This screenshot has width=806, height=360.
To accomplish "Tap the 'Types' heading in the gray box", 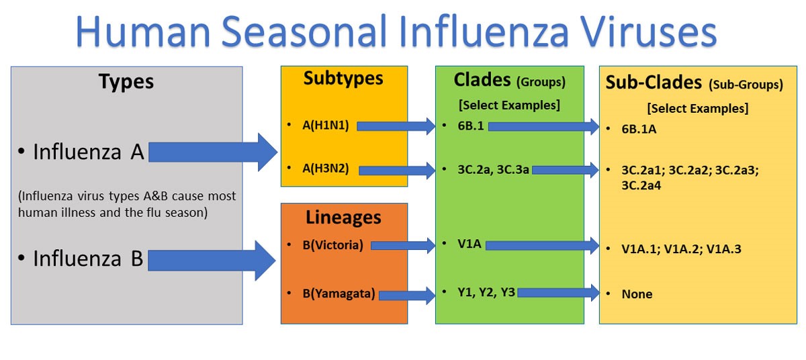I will pyautogui.click(x=126, y=82).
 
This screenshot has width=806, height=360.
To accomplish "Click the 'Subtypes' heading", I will pyautogui.click(x=343, y=79).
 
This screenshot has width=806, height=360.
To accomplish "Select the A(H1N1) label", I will pyautogui.click(x=326, y=125).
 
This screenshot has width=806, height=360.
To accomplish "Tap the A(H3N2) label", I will pyautogui.click(x=326, y=169).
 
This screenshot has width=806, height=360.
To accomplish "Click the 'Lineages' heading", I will pyautogui.click(x=343, y=218).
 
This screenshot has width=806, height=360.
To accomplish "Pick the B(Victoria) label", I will pyautogui.click(x=332, y=245).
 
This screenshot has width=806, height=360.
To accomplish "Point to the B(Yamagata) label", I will pyautogui.click(x=339, y=294).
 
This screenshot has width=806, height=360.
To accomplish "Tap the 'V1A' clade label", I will pyautogui.click(x=469, y=244).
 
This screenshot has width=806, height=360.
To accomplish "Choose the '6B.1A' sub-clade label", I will pyautogui.click(x=639, y=129).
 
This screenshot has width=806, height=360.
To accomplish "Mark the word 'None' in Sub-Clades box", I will pyautogui.click(x=637, y=294).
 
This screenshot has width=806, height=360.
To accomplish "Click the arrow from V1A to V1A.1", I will pyautogui.click(x=541, y=246).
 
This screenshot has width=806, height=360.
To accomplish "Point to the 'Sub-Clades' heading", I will pyautogui.click(x=654, y=83).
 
